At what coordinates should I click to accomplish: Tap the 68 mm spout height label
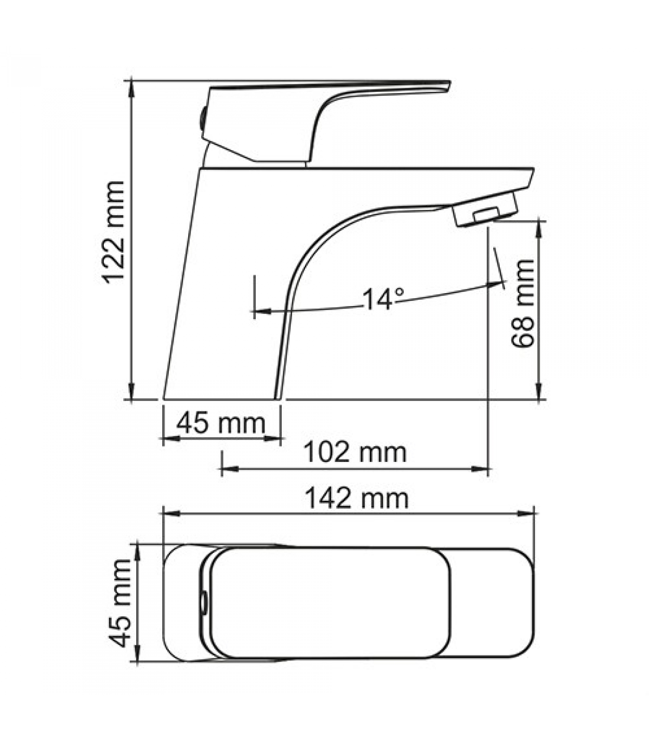523,303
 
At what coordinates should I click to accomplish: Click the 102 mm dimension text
355,452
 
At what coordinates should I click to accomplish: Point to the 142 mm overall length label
356,499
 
